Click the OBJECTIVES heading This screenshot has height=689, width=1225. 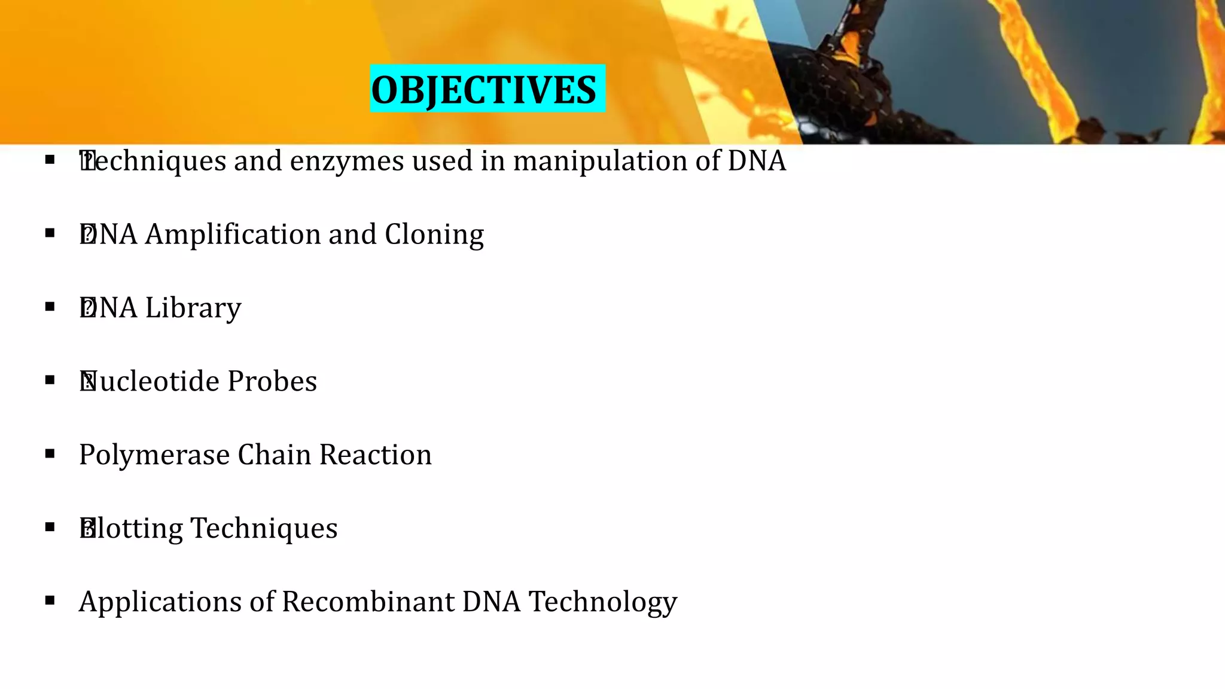pyautogui.click(x=483, y=90)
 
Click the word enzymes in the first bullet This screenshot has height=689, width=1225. pyautogui.click(x=347, y=161)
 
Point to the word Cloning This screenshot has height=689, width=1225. pyautogui.click(x=434, y=234)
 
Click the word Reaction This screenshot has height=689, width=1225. pyautogui.click(x=375, y=455)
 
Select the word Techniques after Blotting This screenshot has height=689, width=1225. pyautogui.click(x=264, y=529)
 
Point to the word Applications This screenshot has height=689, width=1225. pyautogui.click(x=160, y=602)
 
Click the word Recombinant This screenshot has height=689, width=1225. pyautogui.click(x=368, y=602)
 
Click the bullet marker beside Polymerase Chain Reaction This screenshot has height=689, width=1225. pyautogui.click(x=50, y=454)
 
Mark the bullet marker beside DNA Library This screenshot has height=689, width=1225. pyautogui.click(x=50, y=307)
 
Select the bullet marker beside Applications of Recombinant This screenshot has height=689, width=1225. pyautogui.click(x=50, y=600)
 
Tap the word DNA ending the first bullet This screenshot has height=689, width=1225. pyautogui.click(x=757, y=161)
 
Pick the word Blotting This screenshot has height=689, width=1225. pyautogui.click(x=131, y=529)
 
